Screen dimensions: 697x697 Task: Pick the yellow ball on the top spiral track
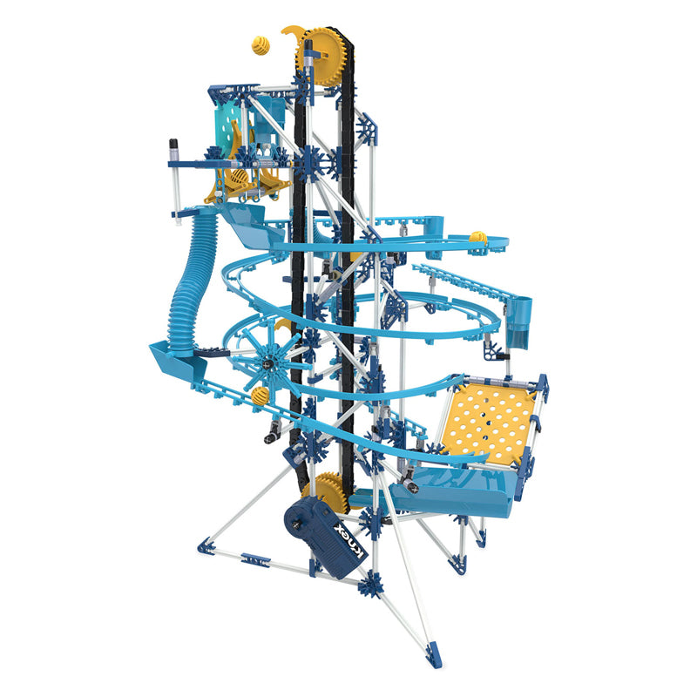477,238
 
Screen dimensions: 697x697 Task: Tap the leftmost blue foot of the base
204,545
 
